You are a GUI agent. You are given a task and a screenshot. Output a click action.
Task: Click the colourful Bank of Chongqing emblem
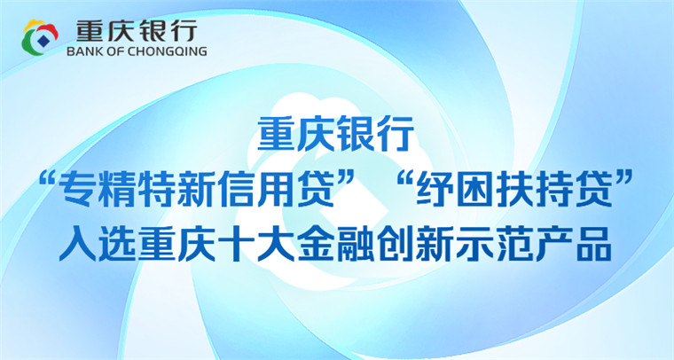pyautogui.click(x=40, y=38)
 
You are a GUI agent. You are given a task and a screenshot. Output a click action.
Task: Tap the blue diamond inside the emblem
pyautogui.click(x=43, y=40)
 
